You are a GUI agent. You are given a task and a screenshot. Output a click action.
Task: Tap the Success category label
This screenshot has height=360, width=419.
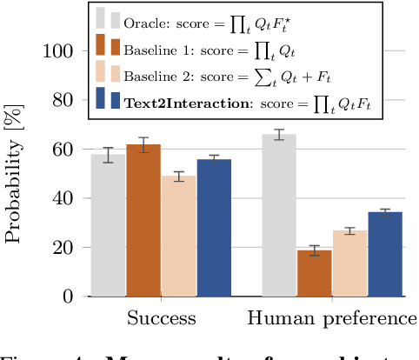[160, 318]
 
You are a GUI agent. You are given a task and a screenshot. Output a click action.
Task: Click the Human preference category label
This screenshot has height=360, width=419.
[331, 318]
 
